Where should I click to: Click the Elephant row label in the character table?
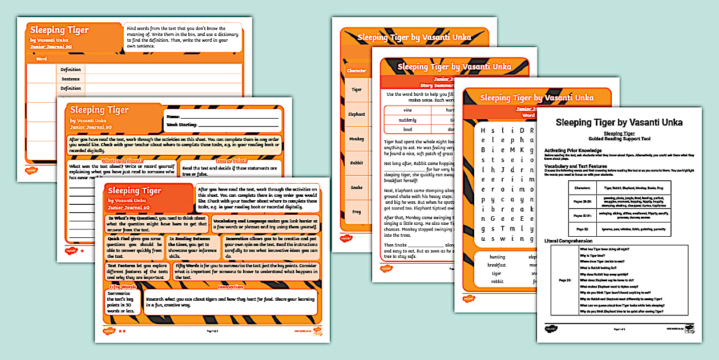pos(356,114)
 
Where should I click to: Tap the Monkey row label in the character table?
pos(356,139)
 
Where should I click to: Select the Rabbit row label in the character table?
pos(356,163)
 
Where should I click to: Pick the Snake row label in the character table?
pos(356,187)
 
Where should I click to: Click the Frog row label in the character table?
pos(356,212)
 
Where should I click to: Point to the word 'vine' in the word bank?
pos(407,110)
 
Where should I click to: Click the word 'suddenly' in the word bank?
pos(407,120)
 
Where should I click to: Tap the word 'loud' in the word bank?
pos(407,130)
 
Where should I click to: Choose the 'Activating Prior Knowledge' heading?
pos(576,150)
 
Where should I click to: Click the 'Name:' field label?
pos(173,116)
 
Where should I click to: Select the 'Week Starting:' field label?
pos(181,124)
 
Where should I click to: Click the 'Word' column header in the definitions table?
pos(41,59)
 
